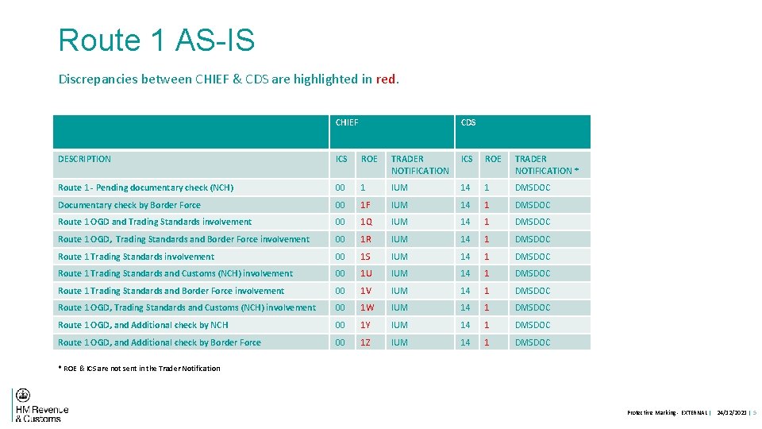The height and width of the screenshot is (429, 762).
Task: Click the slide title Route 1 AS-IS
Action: (x=156, y=40)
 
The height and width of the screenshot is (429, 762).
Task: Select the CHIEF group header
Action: (x=347, y=122)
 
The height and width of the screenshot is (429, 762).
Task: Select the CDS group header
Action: (x=468, y=122)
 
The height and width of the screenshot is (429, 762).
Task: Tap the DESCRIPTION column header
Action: (x=84, y=159)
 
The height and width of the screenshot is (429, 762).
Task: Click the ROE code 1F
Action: (x=366, y=205)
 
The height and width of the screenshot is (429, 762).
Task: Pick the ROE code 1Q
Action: (x=367, y=222)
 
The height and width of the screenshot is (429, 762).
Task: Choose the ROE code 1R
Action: (x=367, y=239)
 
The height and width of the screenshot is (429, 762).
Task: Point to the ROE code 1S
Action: (x=366, y=257)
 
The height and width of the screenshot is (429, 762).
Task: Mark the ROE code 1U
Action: (x=367, y=273)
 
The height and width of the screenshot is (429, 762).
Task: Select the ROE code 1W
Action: (x=368, y=307)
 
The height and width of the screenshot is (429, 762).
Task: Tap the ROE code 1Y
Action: (x=366, y=325)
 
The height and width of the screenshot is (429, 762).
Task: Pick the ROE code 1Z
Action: (x=366, y=342)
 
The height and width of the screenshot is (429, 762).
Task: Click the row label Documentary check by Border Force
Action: (x=129, y=205)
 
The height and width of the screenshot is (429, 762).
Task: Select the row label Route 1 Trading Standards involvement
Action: (x=136, y=257)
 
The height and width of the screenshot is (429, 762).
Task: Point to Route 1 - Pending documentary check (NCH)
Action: (x=145, y=187)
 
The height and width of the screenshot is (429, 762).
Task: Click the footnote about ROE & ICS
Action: (x=140, y=368)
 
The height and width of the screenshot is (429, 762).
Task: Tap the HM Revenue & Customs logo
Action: (x=40, y=405)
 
